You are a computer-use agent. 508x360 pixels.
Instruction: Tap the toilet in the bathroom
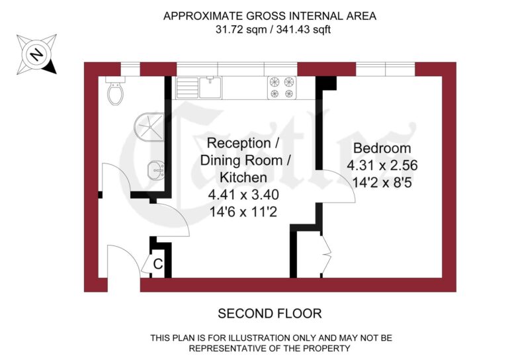point(116,92)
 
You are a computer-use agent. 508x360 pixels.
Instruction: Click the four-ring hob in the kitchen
point(281,88)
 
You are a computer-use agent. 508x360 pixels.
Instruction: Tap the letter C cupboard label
point(158,264)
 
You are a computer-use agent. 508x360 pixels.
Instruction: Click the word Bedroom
point(382,148)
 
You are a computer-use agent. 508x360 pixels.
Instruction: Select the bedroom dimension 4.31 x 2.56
point(382,165)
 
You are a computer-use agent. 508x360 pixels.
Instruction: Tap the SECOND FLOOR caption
point(269,313)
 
